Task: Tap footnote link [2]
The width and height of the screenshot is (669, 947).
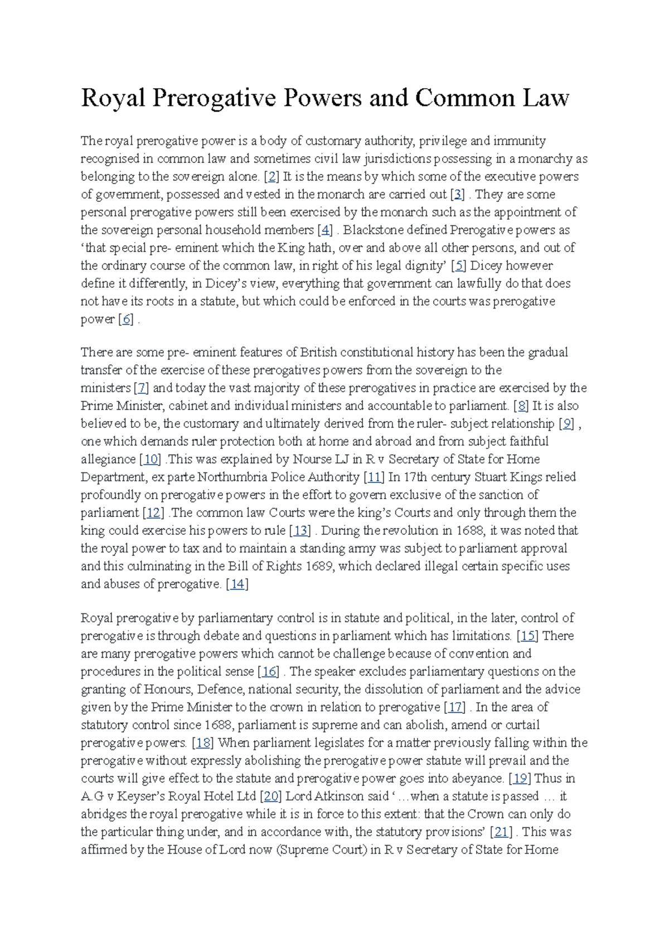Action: pyautogui.click(x=272, y=177)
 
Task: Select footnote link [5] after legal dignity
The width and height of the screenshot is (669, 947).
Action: pyautogui.click(x=459, y=266)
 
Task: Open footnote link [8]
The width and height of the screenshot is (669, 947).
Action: pyautogui.click(x=521, y=406)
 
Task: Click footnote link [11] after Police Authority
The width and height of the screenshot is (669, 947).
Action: pyautogui.click(x=374, y=477)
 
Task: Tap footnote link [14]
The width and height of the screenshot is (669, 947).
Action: pyautogui.click(x=237, y=584)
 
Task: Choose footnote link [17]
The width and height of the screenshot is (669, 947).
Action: pyautogui.click(x=455, y=707)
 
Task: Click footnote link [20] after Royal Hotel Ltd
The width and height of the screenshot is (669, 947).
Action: pyautogui.click(x=272, y=796)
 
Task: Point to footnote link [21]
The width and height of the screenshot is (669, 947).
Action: pyautogui.click(x=501, y=832)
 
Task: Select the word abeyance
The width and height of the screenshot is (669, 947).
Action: pyautogui.click(x=478, y=779)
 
